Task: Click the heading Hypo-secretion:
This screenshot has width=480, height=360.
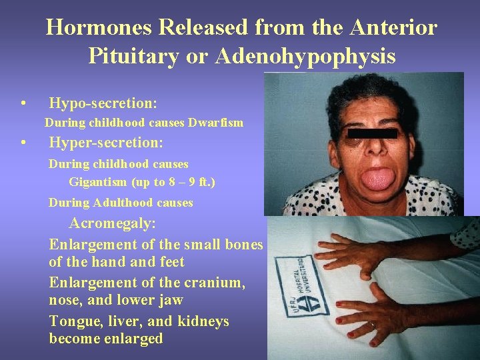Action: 103,103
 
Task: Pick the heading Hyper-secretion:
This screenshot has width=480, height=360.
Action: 107,143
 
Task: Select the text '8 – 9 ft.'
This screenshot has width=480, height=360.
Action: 195,183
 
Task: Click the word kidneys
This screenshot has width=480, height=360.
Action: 203,321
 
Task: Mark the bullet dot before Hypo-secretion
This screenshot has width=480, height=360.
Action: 24,104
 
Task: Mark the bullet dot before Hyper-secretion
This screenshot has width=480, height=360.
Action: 24,144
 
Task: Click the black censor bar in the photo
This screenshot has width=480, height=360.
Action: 373,133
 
